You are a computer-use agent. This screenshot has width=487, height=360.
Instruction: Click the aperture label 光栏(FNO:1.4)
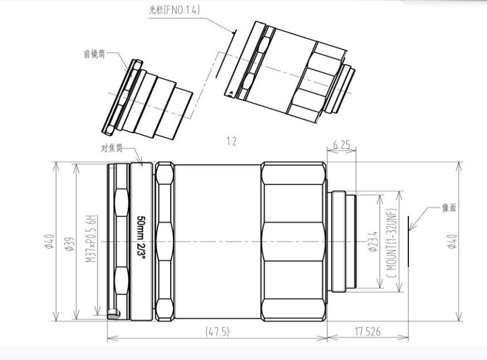click(x=174, y=10)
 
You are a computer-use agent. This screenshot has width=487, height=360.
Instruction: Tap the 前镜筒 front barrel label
click(x=94, y=54)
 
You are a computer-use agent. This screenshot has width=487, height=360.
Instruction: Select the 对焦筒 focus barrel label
click(x=112, y=148)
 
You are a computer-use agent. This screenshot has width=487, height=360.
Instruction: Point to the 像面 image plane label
click(x=449, y=208)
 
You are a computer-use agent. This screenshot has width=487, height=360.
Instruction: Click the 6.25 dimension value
click(x=341, y=145)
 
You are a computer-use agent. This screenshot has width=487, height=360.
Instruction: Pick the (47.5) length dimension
click(x=218, y=332)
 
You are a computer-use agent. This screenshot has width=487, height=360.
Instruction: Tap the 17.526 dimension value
click(x=368, y=332)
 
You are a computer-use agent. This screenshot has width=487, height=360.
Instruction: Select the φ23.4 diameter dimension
click(x=373, y=241)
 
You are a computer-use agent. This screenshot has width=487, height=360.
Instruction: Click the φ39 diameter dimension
click(x=70, y=244)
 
